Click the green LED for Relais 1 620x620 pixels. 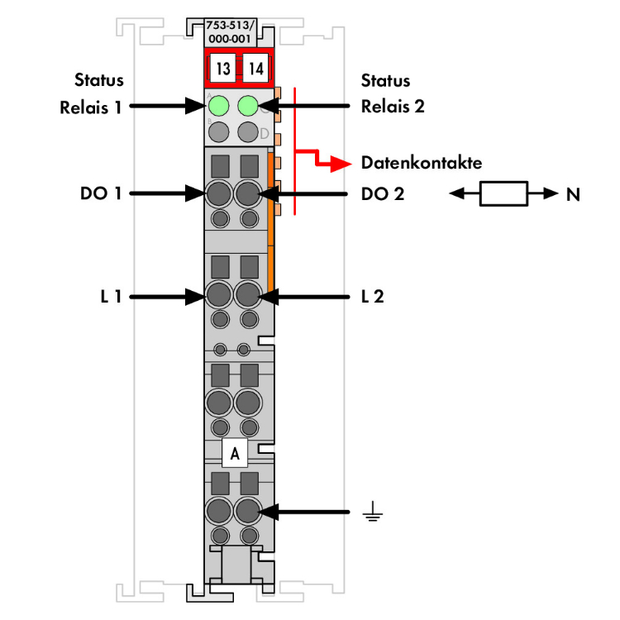219,106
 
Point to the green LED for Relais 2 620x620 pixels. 247,106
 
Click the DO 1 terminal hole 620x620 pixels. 219,194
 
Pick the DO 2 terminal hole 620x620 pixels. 247,194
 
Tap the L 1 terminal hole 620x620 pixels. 219,294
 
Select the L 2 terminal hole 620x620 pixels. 247,294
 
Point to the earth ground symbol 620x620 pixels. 372,514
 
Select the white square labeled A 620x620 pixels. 235,454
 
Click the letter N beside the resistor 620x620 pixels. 572,195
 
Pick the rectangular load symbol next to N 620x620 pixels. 503,194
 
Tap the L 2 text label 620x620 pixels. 372,295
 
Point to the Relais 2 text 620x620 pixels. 393,107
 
